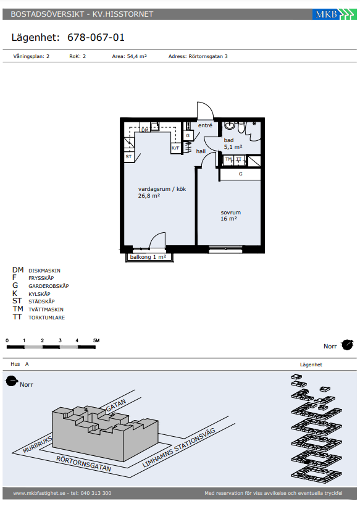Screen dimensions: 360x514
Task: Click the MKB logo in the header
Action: [x=334, y=14]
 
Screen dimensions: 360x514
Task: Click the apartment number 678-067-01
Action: [x=96, y=37]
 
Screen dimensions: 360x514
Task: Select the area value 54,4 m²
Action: [x=136, y=56]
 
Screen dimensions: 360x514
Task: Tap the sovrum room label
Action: [x=230, y=213]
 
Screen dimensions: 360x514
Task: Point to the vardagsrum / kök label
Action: [x=162, y=189]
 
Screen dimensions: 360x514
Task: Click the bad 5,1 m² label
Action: [x=233, y=143]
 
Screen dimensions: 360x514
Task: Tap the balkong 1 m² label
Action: [x=148, y=257]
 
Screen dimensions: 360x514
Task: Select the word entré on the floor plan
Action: [x=205, y=125]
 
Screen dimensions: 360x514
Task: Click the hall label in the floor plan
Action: [x=201, y=151]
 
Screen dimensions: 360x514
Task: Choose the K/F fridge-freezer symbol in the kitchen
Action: [x=175, y=148]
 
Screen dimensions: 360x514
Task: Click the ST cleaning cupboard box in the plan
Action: [x=128, y=157]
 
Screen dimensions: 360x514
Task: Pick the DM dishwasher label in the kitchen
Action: [x=144, y=130]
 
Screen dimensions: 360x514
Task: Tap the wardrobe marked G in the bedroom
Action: [x=240, y=174]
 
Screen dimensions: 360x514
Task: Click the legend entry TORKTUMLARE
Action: [x=46, y=318]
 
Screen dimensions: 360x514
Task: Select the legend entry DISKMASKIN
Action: [x=44, y=271]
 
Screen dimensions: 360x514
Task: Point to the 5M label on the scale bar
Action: [x=96, y=340]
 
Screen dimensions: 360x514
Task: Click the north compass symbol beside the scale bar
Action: [x=347, y=345]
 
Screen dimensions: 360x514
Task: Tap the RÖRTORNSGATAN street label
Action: [x=83, y=464]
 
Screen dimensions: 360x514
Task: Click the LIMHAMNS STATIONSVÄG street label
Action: [x=179, y=447]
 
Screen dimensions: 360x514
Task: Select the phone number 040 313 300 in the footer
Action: [x=96, y=493]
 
